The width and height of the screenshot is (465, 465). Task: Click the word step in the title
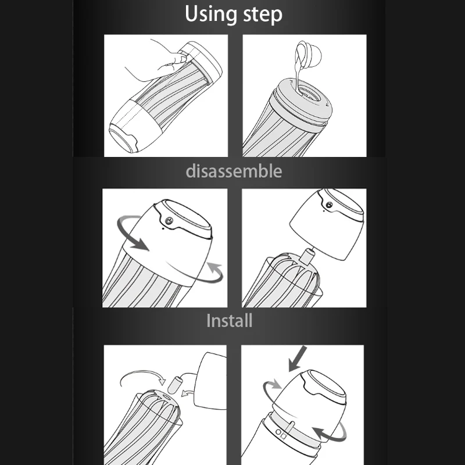[x=263, y=15]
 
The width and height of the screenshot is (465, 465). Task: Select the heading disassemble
[x=234, y=171]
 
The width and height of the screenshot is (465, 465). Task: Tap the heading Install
[x=229, y=321]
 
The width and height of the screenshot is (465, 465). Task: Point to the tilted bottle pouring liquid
[x=309, y=53]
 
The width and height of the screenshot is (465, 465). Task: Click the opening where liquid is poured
[x=309, y=94]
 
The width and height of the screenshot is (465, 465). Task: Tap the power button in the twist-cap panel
[x=169, y=221]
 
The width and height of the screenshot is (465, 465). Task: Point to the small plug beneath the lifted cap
[x=307, y=256]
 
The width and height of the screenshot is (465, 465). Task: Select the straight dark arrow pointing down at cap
[x=298, y=358]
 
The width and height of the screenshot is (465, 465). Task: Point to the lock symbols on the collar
[x=280, y=433]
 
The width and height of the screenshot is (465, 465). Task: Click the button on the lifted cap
[x=329, y=205]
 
